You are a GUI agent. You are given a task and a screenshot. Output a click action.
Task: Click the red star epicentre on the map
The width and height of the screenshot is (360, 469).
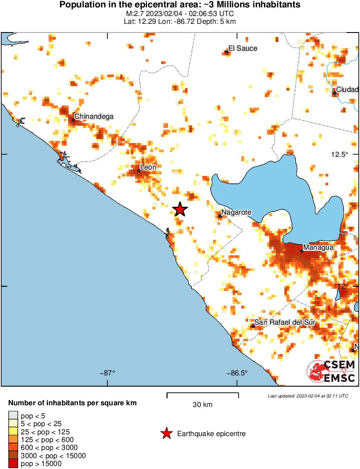click(x=180, y=209)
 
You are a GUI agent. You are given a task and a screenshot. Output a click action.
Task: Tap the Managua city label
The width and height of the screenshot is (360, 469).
click(x=318, y=247)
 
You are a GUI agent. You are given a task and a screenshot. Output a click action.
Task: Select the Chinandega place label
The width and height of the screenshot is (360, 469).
click(x=94, y=116)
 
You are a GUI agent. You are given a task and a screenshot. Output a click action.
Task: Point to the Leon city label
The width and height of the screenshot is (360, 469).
click(x=148, y=167)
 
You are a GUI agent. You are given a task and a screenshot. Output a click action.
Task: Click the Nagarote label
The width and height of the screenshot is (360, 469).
click(x=236, y=213)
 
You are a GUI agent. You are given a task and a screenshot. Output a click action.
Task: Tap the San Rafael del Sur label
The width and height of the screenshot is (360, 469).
click(x=284, y=322)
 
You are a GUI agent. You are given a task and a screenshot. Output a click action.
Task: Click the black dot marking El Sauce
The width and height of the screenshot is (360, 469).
click(x=227, y=52)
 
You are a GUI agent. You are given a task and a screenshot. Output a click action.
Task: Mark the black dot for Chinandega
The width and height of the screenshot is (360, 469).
click(x=73, y=120)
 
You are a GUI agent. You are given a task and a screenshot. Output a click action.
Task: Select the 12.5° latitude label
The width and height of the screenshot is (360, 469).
click(x=339, y=155)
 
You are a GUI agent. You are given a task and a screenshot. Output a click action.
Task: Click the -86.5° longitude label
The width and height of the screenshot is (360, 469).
click(x=237, y=373)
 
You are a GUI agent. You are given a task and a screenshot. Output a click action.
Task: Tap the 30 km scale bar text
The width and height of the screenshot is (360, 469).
click(x=202, y=405)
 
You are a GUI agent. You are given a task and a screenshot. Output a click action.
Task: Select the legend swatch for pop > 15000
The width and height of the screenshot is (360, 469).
click(x=13, y=463)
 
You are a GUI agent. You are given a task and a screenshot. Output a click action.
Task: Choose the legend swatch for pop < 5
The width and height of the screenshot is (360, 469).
click(x=13, y=416)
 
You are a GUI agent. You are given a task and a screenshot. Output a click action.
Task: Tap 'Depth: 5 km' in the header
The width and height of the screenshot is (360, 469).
click(x=220, y=22)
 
